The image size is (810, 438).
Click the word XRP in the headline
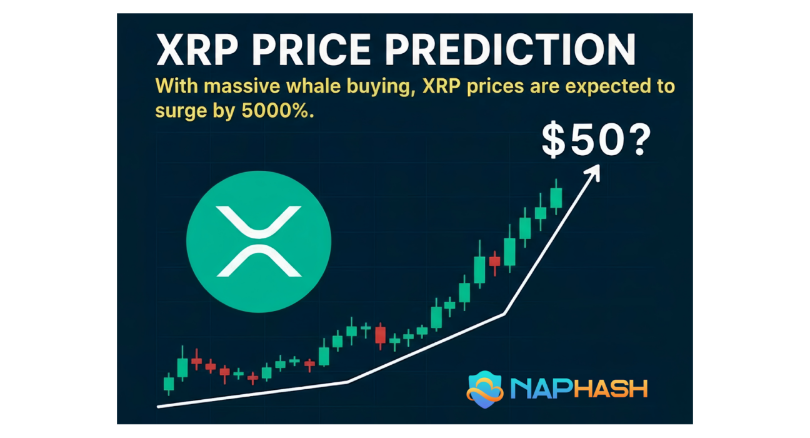point(197,49)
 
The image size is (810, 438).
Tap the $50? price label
point(596,140)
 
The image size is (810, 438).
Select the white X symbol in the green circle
point(259,242)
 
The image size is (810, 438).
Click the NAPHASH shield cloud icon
point(485,389)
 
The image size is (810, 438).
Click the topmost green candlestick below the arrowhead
point(556,198)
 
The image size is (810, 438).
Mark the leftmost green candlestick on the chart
point(169,384)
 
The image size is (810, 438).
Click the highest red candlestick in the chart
point(494,262)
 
